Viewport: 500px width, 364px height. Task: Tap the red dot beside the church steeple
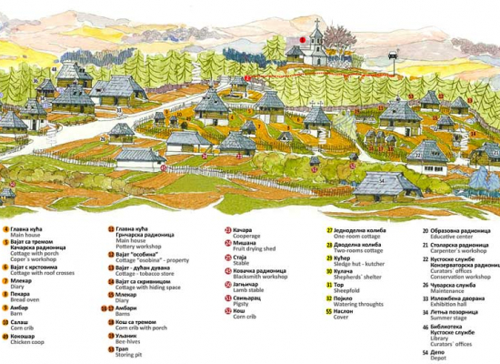[x=301, y=39]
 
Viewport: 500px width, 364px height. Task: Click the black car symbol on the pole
[x=393, y=55]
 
